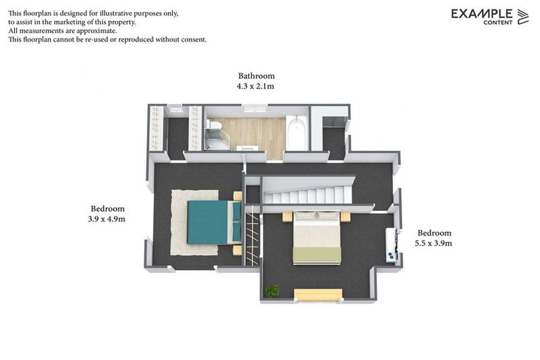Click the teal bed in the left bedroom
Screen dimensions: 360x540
click(x=211, y=222)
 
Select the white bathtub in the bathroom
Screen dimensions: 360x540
click(x=297, y=134)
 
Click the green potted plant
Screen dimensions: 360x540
click(x=271, y=290)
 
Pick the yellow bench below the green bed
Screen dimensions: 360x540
click(x=318, y=295)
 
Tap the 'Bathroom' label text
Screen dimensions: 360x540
click(x=256, y=76)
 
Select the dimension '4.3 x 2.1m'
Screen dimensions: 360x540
click(x=255, y=86)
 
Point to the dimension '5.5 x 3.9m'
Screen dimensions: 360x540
click(x=434, y=243)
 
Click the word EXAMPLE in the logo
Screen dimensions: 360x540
click(x=482, y=13)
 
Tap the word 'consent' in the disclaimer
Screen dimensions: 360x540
click(x=193, y=39)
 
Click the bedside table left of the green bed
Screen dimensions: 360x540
click(x=287, y=217)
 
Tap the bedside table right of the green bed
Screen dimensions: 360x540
click(x=345, y=217)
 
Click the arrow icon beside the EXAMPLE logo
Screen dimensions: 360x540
click(x=522, y=17)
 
